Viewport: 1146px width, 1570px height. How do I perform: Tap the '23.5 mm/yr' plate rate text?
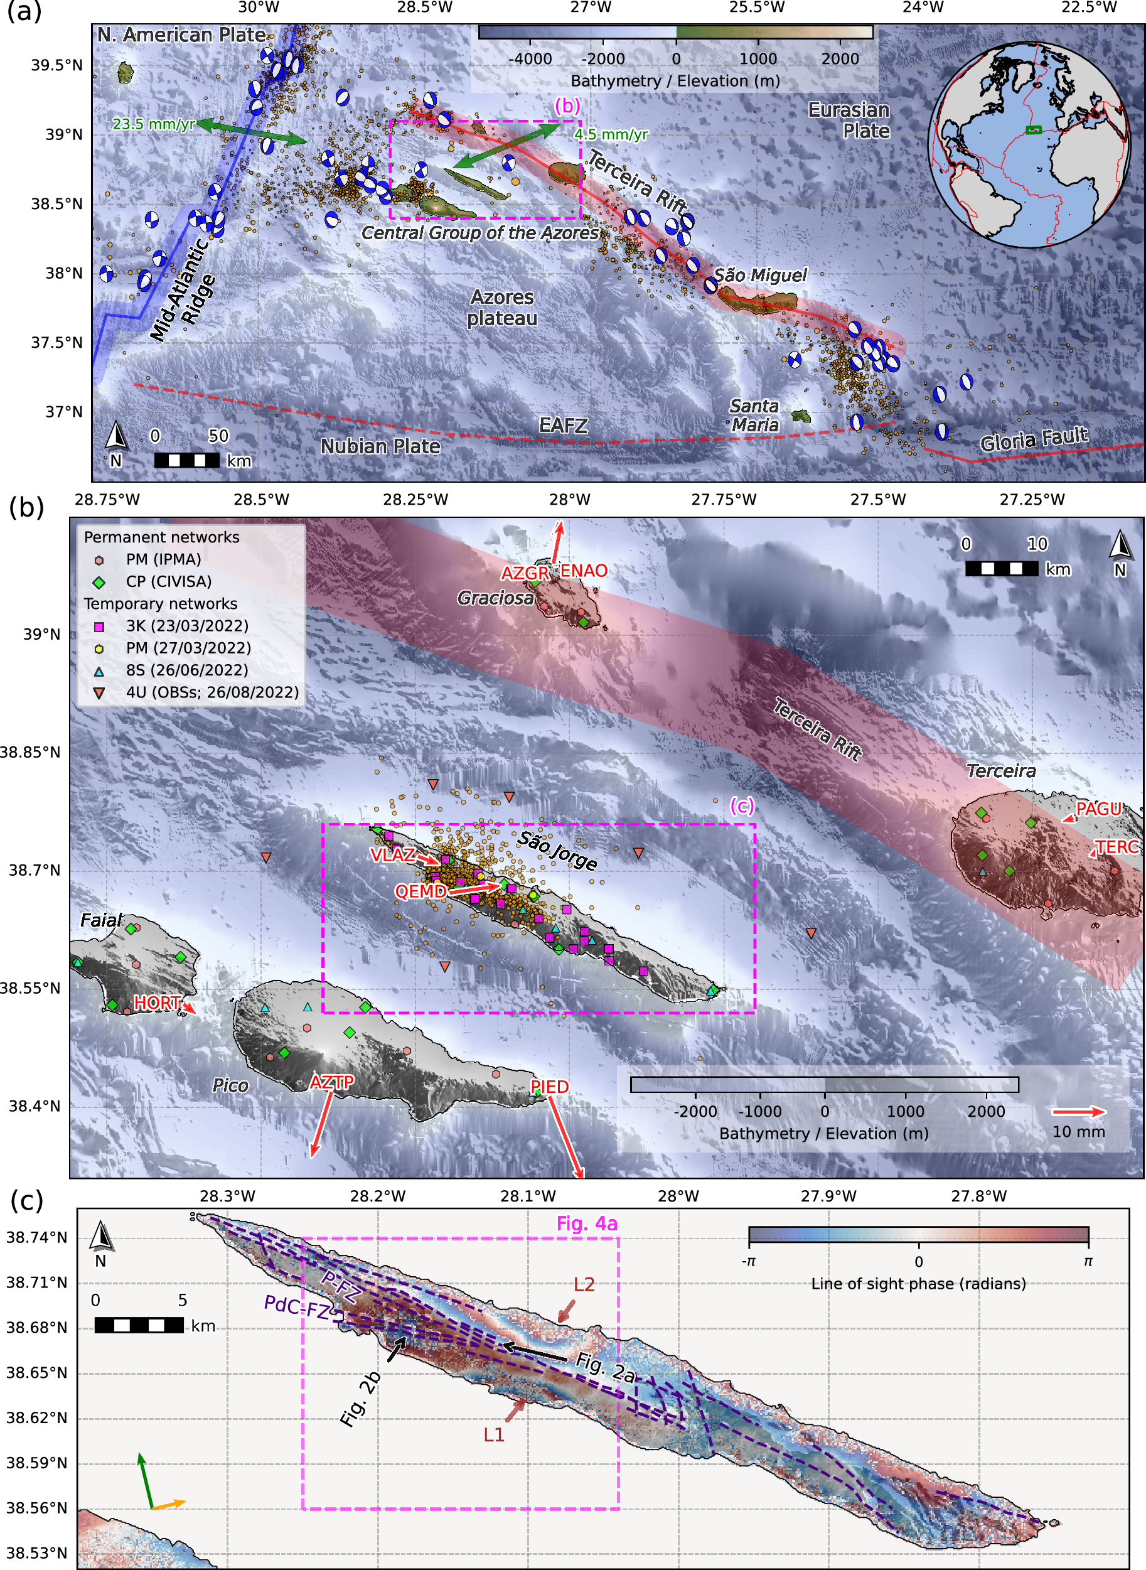153,124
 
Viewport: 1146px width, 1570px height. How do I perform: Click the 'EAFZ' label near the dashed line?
564,425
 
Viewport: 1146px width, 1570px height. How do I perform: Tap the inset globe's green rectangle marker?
1034,130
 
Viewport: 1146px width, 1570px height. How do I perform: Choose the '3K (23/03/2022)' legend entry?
186,626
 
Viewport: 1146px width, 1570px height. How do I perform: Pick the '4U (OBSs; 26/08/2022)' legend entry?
212,692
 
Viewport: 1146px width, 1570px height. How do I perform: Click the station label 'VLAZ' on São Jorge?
393,856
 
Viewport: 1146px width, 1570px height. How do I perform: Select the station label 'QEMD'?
420,891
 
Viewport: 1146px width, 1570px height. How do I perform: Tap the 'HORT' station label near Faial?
158,1003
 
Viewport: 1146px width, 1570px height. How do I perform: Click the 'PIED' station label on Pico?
549,1087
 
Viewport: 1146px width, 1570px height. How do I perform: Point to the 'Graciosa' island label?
495,598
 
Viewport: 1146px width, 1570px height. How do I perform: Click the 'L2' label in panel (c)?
584,1285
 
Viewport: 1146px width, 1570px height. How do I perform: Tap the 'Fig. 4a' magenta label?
586,1224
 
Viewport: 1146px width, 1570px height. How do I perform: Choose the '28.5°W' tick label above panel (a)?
424,8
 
